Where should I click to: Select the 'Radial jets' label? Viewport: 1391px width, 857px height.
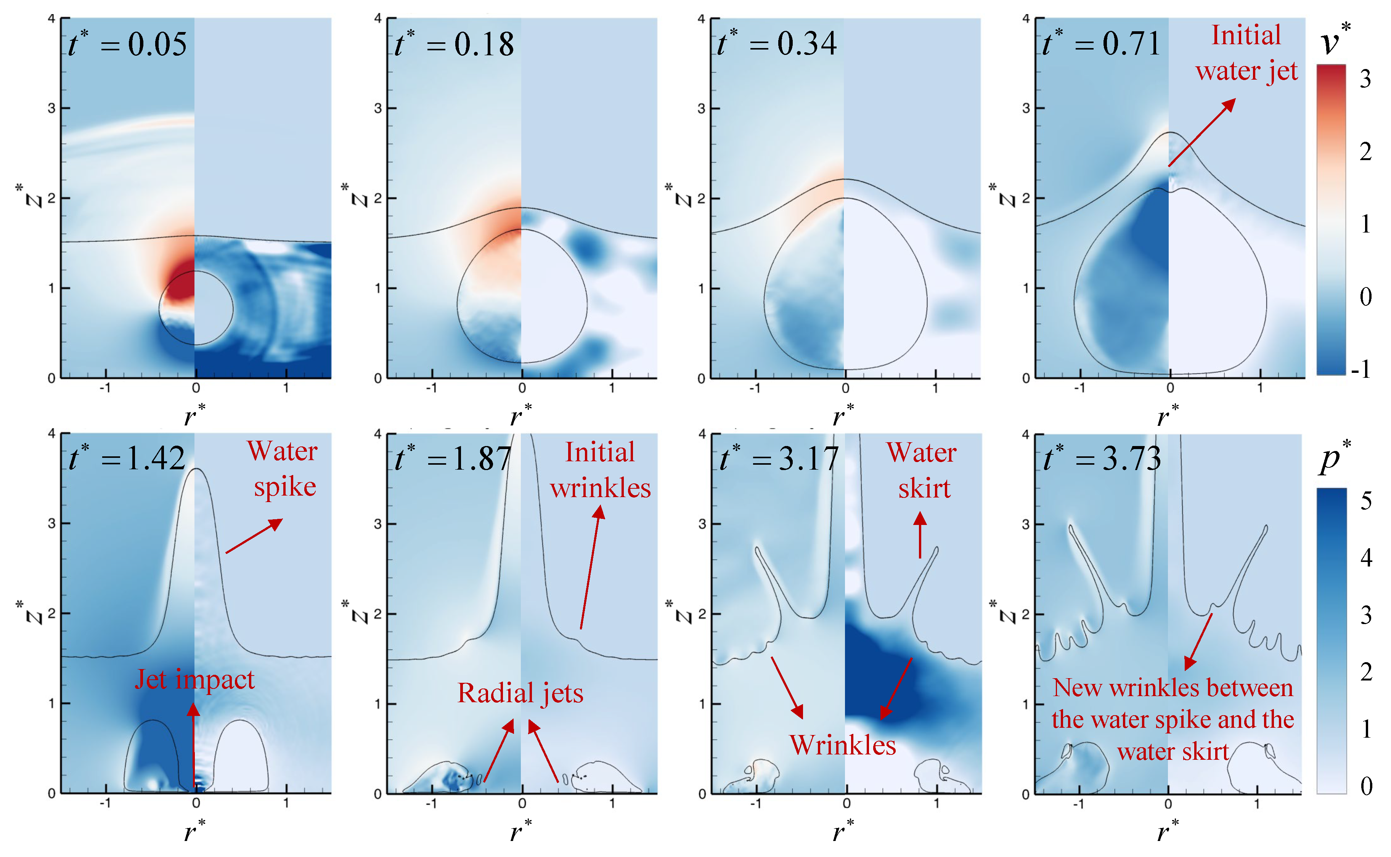pos(520,693)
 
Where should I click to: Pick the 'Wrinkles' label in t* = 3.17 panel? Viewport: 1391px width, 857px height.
pos(843,745)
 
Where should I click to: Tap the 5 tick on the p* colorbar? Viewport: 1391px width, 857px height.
pos(1366,501)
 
